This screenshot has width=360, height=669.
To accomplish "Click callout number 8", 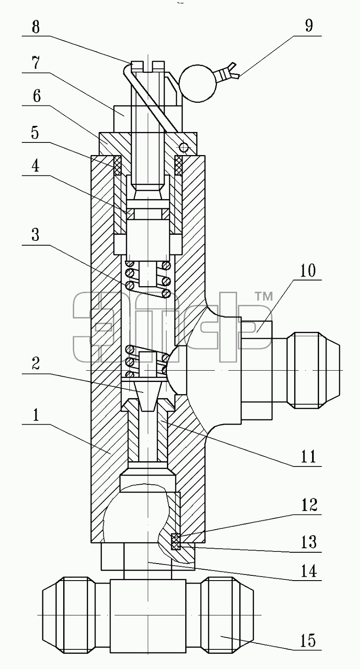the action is [36, 27].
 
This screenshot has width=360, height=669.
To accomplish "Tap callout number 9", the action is [309, 26].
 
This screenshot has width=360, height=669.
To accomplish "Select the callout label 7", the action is [36, 63].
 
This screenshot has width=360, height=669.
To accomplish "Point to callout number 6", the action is [37, 96].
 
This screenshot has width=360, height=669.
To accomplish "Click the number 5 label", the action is [35, 133].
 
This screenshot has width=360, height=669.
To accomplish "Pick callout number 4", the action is [36, 166].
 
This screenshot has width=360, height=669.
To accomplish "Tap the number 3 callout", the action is [36, 235].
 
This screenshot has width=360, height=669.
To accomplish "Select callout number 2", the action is [36, 364].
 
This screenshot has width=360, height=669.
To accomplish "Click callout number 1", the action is [36, 416].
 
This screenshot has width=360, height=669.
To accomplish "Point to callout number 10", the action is [307, 270].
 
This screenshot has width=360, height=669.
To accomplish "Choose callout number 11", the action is [308, 456].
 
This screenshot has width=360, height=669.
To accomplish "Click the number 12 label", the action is [309, 505].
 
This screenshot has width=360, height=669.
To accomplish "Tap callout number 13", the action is [309, 542].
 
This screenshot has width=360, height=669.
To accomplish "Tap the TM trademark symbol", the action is [264, 297].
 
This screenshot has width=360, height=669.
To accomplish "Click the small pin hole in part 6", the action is [183, 147].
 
